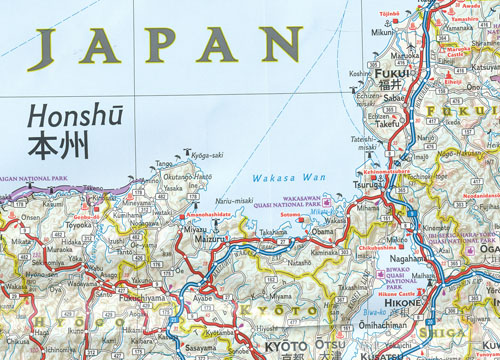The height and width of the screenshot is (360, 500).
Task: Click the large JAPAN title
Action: (166, 45)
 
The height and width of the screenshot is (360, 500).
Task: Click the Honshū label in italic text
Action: (70, 114)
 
